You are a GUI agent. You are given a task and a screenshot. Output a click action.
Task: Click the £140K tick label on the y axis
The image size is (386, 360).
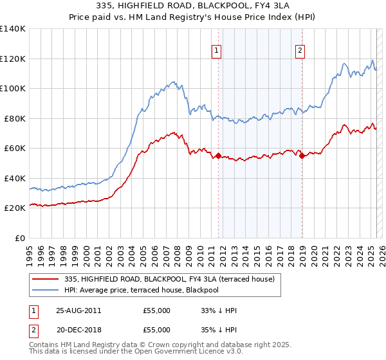[13, 29]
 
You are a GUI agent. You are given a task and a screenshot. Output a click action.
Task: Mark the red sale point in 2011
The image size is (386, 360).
[219, 156]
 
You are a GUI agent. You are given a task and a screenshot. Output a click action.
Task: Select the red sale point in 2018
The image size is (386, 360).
[302, 156]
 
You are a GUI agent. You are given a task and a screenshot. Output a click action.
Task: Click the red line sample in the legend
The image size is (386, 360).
[46, 279]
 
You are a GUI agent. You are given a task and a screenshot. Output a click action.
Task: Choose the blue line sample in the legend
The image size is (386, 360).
[46, 290]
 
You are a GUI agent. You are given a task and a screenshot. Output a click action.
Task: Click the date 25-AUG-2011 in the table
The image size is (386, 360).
[78, 310]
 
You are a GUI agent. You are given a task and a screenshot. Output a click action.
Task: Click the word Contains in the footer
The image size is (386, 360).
[45, 345]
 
